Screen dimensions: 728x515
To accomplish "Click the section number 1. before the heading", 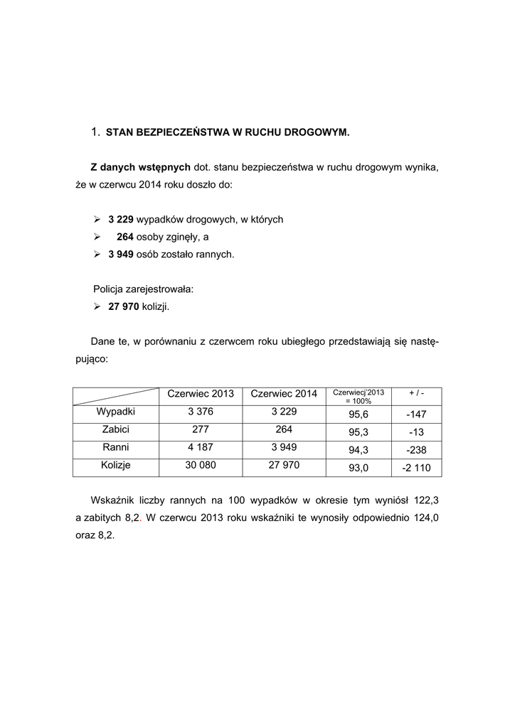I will point(96,132).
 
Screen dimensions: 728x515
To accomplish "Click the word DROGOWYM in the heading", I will point(317,132).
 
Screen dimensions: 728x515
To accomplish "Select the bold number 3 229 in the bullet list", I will point(121,220).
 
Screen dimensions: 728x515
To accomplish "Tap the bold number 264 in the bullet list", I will point(125,237).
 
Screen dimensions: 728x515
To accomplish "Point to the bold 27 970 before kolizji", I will point(123,306).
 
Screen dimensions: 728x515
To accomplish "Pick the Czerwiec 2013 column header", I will point(201,395).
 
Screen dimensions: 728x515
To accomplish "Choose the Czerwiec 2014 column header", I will point(284,395).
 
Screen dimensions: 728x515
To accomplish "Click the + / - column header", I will point(416,392).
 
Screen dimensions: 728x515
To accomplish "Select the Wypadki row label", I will point(116,412).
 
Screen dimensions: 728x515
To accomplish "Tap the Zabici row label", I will point(116,429).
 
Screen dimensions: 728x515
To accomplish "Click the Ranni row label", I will point(116,447).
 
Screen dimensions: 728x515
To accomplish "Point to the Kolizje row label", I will point(116,465).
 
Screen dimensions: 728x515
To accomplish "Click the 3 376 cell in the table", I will point(201,412).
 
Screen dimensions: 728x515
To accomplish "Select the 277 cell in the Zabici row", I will point(201,429).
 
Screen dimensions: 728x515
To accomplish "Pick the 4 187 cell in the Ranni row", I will point(201,447).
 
